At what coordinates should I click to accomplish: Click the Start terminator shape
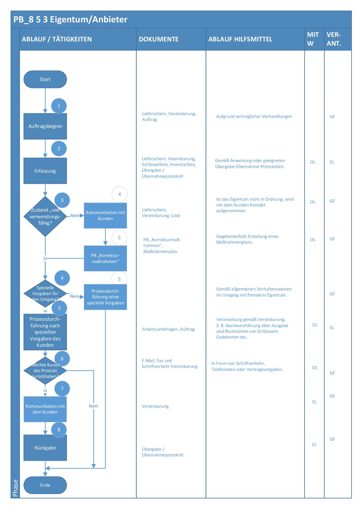coord(45,79)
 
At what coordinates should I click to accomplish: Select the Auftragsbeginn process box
coord(45,126)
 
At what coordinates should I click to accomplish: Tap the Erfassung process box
coord(45,171)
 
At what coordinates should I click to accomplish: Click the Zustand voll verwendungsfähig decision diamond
coord(45,216)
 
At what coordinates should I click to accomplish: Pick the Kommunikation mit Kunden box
coord(105,216)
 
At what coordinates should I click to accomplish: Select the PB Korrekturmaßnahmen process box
coord(105,258)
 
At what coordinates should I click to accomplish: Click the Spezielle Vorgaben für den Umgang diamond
coord(45,293)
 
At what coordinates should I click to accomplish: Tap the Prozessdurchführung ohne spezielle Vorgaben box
coord(105,297)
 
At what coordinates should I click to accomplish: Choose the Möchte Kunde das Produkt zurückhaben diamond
coord(45,371)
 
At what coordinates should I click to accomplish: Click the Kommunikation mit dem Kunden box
coord(45,409)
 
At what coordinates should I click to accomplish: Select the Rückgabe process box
coord(45,448)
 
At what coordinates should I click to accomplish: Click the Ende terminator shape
coord(45,485)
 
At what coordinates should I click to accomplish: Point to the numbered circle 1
coord(59,106)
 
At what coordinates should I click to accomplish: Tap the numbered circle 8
coord(59,430)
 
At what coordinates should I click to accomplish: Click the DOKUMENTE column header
coord(159,39)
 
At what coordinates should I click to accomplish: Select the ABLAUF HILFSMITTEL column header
coord(240,39)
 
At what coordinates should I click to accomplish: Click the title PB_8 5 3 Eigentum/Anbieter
coord(70,20)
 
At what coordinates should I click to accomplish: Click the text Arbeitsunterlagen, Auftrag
coord(168,329)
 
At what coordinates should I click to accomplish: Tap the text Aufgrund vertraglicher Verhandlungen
coord(254,116)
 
